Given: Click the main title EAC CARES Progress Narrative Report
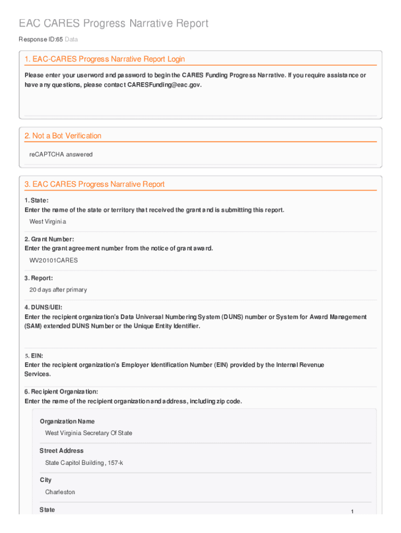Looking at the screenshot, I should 114,23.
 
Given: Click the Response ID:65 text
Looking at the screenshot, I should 40,40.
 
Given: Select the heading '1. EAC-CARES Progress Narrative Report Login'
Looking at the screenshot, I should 105,59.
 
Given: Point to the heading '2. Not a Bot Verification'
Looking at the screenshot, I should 63,136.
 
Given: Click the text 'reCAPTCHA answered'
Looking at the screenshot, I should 61,155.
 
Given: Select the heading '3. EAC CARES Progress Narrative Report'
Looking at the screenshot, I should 94,184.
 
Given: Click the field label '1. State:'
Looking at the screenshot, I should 36,200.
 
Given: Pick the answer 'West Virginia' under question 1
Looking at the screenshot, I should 48,222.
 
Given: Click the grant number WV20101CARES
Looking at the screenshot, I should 54,260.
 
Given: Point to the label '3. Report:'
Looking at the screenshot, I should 39,278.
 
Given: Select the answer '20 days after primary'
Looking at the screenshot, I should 58,290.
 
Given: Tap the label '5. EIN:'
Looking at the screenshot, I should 34,356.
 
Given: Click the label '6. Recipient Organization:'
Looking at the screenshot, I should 61,391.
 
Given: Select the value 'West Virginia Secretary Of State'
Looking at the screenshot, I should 89,433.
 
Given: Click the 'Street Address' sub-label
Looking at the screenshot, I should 61,451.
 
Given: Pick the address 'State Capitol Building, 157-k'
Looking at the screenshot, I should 84,463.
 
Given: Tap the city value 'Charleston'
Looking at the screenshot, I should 60,492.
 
